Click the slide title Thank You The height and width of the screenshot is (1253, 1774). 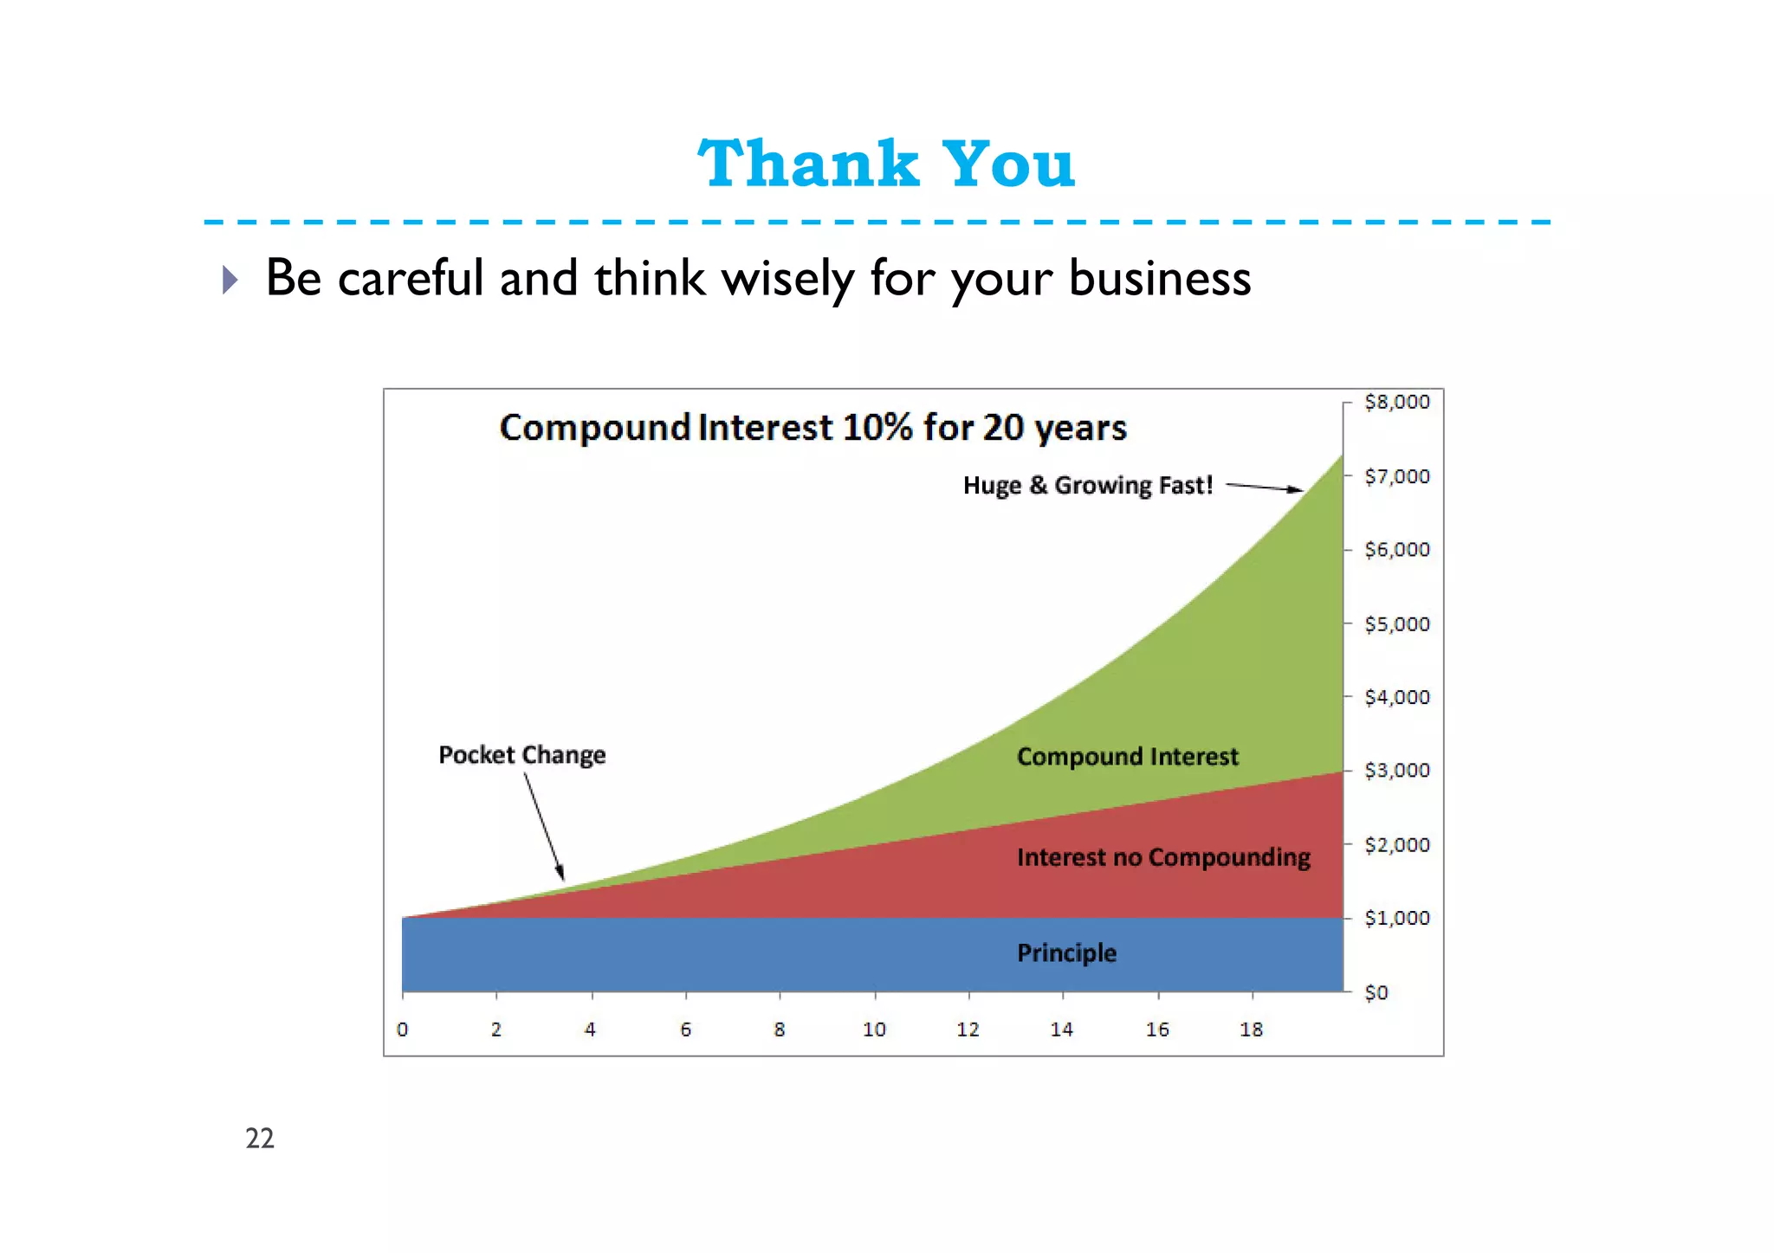tap(886, 164)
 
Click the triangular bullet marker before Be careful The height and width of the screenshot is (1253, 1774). tap(230, 279)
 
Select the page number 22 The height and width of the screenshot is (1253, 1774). tap(260, 1138)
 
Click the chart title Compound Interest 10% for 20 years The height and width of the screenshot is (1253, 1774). tap(813, 428)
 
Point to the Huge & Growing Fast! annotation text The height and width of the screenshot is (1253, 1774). tap(1087, 485)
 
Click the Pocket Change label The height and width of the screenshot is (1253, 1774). tap(521, 755)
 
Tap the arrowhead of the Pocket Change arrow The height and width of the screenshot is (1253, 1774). tap(560, 872)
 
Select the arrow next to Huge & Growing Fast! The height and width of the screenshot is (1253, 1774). tap(1265, 488)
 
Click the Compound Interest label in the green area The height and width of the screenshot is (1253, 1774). tap(1127, 757)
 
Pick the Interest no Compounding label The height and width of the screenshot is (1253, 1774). tap(1162, 857)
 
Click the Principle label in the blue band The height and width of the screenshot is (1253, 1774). tap(1066, 953)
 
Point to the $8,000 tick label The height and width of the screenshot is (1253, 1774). tap(1396, 402)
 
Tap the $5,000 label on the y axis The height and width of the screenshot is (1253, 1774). tap(1396, 623)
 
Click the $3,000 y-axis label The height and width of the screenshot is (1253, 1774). tap(1396, 771)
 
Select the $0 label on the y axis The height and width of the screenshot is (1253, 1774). tap(1376, 992)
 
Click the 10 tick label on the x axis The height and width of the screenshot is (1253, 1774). tap(874, 1030)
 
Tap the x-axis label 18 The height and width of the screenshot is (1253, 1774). tap(1251, 1030)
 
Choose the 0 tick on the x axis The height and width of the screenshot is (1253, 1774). tap(403, 1030)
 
